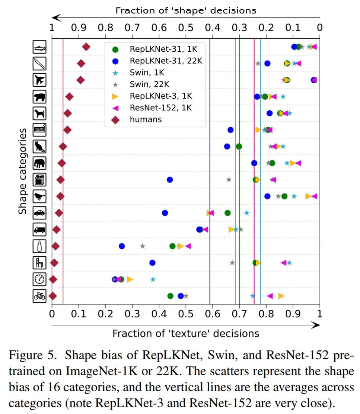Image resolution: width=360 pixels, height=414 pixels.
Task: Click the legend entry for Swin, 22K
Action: tap(147, 84)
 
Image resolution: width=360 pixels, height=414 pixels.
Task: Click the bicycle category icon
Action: tap(39, 296)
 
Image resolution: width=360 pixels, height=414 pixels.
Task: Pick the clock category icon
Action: tap(39, 279)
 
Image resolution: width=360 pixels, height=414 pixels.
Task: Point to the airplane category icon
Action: tap(39, 80)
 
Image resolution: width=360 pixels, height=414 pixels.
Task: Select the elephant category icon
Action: tap(39, 163)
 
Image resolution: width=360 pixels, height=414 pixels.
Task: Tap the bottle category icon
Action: tap(39, 246)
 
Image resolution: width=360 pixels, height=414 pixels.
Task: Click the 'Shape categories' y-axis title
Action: tap(23, 171)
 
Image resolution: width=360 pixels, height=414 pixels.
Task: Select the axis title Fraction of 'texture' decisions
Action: tap(186, 333)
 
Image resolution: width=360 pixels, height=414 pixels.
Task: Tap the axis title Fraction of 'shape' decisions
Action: tap(186, 10)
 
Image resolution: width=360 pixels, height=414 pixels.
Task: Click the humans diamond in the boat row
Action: tap(86, 47)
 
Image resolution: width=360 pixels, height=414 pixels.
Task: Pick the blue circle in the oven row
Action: tap(170, 180)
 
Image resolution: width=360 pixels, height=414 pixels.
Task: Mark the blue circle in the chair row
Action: tap(152, 263)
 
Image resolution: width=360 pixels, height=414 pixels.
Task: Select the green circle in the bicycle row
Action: tap(170, 296)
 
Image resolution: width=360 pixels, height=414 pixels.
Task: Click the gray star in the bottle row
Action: tap(143, 246)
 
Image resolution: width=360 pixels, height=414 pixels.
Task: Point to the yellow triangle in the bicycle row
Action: tap(281, 296)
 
